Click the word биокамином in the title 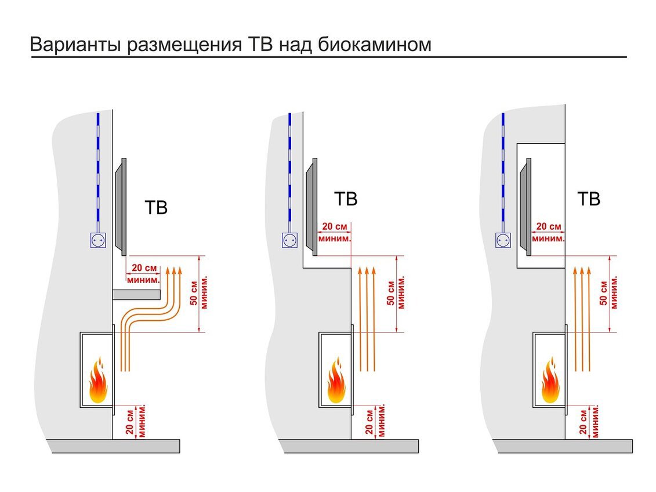coord(375,45)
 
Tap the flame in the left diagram coord(97,381)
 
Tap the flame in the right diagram coord(550,381)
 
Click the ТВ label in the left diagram coord(155,208)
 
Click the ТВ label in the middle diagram coord(346,199)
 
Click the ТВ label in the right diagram coord(589,199)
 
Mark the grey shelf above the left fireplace coord(136,295)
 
